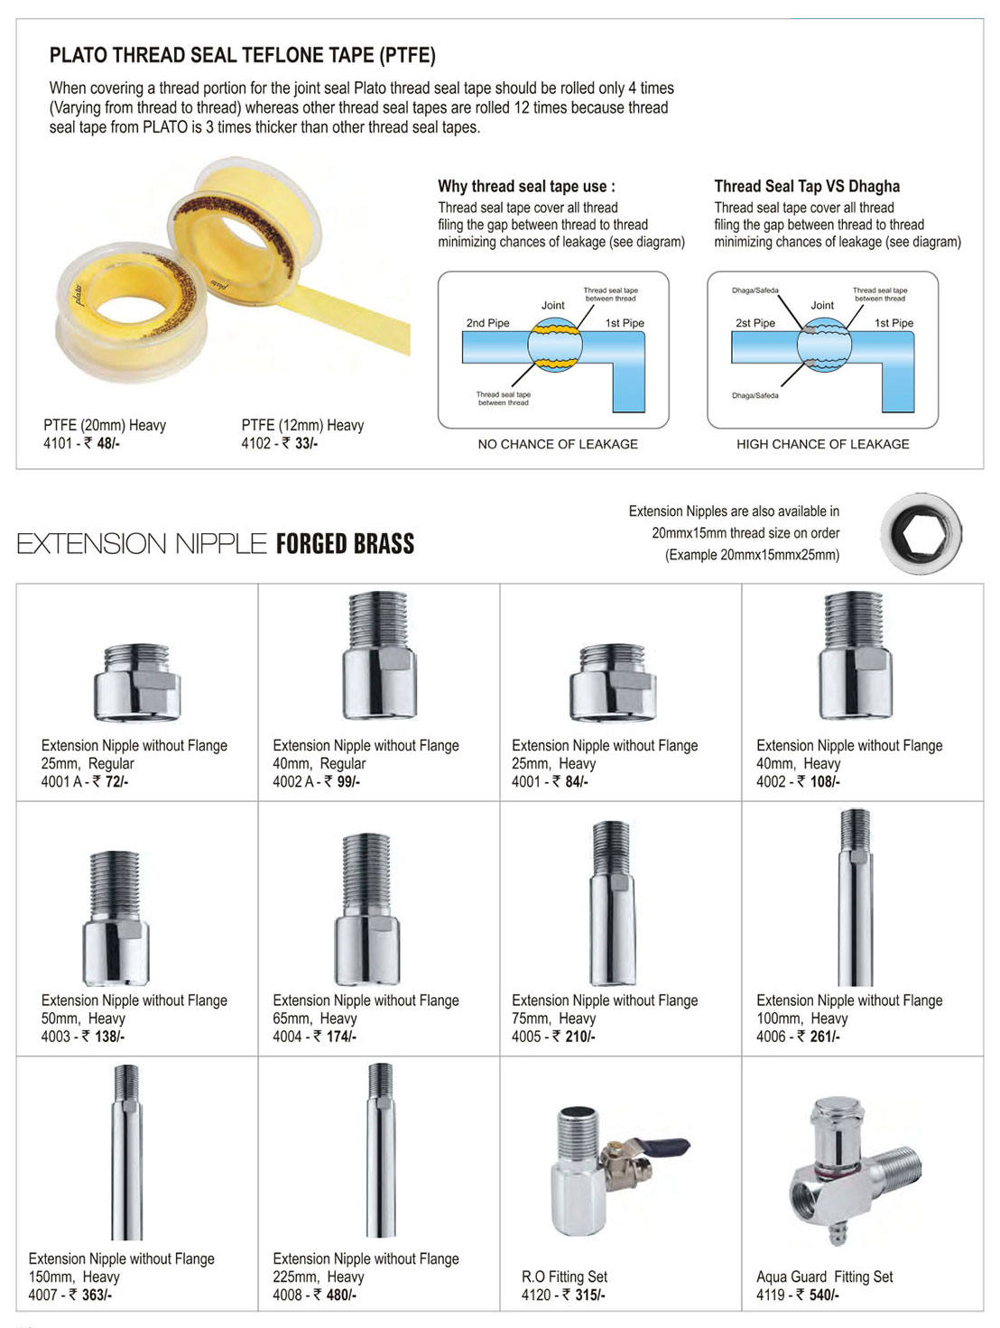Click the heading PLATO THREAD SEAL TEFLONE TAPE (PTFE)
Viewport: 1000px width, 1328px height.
click(x=242, y=56)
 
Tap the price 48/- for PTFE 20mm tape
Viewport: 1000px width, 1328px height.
click(x=108, y=443)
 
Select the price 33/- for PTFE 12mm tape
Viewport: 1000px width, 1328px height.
click(x=306, y=443)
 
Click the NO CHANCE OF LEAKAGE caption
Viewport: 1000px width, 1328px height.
click(x=558, y=444)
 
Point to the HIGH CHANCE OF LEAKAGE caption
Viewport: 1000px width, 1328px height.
click(x=822, y=444)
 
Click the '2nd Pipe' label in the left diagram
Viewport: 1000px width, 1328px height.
click(x=487, y=323)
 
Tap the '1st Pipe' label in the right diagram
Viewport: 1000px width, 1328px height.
click(x=894, y=323)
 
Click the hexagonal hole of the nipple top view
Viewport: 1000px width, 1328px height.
click(x=920, y=534)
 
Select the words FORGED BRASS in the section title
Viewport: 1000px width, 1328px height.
click(x=345, y=544)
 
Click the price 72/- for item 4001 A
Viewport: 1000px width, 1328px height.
click(x=116, y=781)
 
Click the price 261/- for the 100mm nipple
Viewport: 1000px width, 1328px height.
click(x=825, y=1037)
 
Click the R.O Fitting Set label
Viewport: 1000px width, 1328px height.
click(x=564, y=1277)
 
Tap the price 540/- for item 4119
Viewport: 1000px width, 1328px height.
click(x=824, y=1295)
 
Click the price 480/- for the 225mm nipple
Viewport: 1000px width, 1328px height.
click(x=340, y=1295)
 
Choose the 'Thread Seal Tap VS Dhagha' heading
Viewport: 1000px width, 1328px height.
click(x=807, y=187)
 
